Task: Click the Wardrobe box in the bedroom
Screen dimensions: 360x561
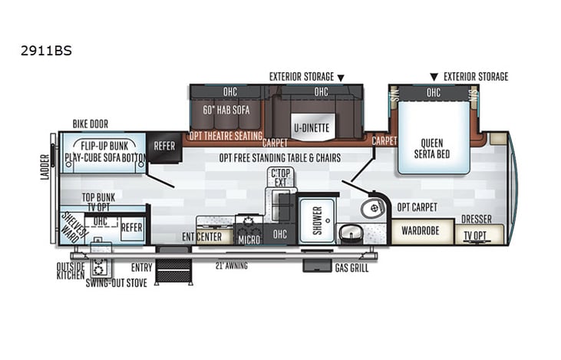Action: click(x=421, y=230)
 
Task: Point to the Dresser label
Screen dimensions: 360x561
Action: click(x=477, y=220)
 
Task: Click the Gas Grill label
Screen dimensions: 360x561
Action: click(x=351, y=268)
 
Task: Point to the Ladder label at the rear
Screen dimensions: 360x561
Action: click(x=44, y=167)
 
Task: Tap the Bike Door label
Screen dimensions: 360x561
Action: click(x=90, y=124)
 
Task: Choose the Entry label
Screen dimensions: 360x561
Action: click(x=141, y=266)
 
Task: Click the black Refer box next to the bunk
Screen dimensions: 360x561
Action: click(x=163, y=144)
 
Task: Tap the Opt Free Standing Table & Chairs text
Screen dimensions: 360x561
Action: click(x=279, y=158)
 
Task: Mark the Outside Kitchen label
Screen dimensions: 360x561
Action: click(x=70, y=271)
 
